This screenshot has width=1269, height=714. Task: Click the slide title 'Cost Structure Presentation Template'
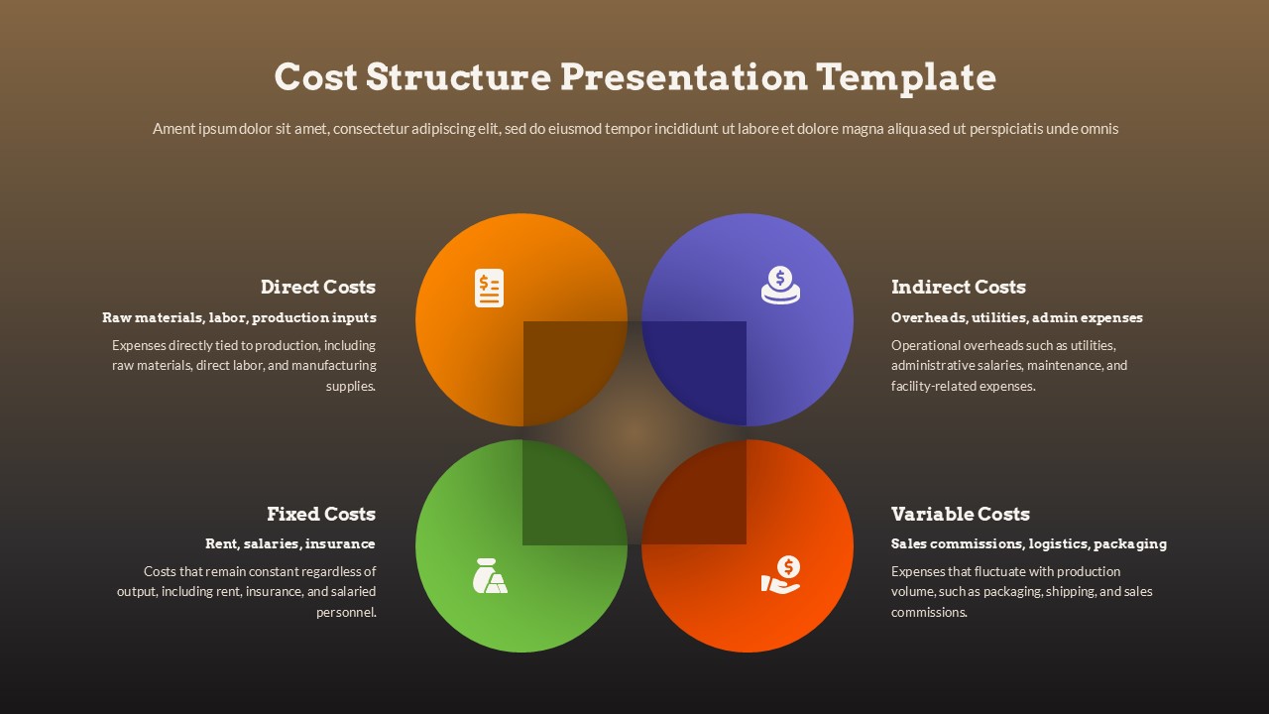[634, 76]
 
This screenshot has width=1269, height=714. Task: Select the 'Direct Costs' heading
[317, 288]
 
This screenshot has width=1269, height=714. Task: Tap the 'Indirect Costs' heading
[958, 288]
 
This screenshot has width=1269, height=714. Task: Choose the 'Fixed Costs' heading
[320, 514]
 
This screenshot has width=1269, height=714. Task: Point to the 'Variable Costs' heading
[960, 514]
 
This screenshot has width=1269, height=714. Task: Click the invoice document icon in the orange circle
[489, 288]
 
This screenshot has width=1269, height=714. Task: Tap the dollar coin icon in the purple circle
[780, 286]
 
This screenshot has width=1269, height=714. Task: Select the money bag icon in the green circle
[489, 576]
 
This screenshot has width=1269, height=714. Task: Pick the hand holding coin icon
[780, 575]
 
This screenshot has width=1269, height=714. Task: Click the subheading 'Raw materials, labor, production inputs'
[239, 318]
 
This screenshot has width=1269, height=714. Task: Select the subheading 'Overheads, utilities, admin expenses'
[1016, 318]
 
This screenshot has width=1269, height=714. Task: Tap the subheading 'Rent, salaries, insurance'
[289, 543]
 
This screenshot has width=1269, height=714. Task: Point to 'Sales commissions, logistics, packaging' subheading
[1028, 543]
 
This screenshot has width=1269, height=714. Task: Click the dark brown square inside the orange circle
[573, 372]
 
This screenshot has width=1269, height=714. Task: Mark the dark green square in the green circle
[573, 493]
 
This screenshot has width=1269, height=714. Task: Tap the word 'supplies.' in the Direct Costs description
[350, 387]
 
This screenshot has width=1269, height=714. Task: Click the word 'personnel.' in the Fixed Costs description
[346, 613]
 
